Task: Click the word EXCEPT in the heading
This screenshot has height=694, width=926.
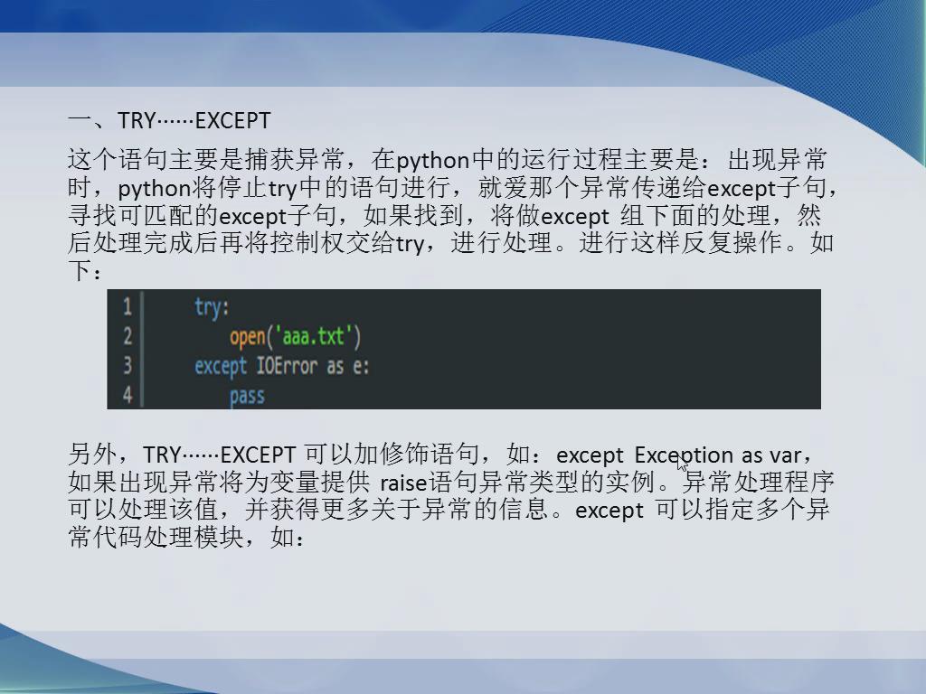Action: tap(232, 120)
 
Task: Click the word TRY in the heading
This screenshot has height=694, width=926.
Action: tap(137, 120)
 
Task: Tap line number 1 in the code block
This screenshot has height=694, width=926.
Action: tap(127, 306)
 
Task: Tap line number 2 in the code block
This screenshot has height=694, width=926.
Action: tap(127, 336)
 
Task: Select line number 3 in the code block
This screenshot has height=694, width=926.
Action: tap(127, 365)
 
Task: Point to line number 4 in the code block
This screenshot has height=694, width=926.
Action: tap(127, 395)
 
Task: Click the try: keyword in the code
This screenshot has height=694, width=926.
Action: tap(212, 307)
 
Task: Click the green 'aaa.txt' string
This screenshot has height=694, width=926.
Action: tap(313, 336)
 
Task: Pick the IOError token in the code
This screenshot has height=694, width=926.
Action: tap(287, 366)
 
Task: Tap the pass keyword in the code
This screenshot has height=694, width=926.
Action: tap(247, 396)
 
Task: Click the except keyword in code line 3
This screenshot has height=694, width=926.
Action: tap(221, 367)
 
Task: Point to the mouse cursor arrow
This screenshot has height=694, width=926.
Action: tap(682, 464)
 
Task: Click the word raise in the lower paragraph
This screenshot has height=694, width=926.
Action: tap(403, 483)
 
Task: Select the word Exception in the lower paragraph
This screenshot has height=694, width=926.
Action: tap(684, 455)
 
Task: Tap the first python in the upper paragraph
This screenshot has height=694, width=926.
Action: tap(433, 161)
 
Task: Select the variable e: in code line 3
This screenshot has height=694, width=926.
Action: tap(361, 367)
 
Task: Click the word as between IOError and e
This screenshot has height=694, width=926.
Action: tap(335, 367)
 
